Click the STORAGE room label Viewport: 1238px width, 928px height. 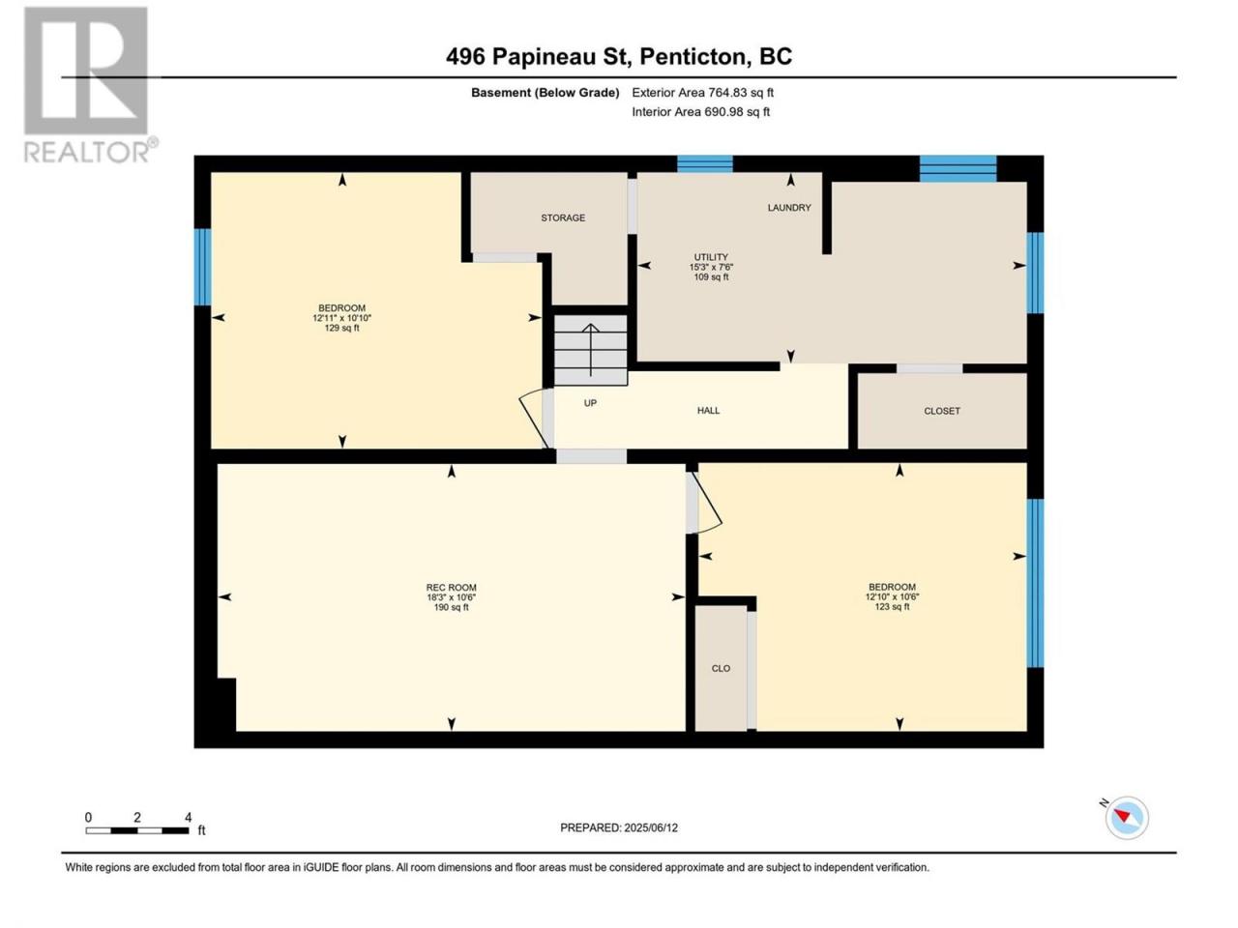[x=562, y=217]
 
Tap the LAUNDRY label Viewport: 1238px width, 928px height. [x=788, y=207]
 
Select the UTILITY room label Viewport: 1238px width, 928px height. [x=711, y=257]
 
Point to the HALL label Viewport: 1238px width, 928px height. [x=708, y=410]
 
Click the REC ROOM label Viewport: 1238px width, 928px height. [x=451, y=587]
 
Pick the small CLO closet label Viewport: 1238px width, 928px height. [x=721, y=668]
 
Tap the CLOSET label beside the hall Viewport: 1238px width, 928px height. [x=941, y=411]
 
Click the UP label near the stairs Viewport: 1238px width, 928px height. [x=590, y=403]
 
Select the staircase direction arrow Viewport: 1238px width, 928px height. [x=591, y=350]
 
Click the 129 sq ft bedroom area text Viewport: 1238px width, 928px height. [x=341, y=328]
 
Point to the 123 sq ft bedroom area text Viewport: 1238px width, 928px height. [x=892, y=607]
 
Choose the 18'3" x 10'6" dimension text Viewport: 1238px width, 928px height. [x=451, y=597]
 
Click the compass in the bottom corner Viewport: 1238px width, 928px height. [x=1127, y=818]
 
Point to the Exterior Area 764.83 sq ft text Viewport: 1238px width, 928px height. [x=702, y=93]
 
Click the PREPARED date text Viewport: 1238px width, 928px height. [x=619, y=827]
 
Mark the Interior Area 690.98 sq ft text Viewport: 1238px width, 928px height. [x=700, y=111]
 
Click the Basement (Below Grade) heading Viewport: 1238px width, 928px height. [x=545, y=93]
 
